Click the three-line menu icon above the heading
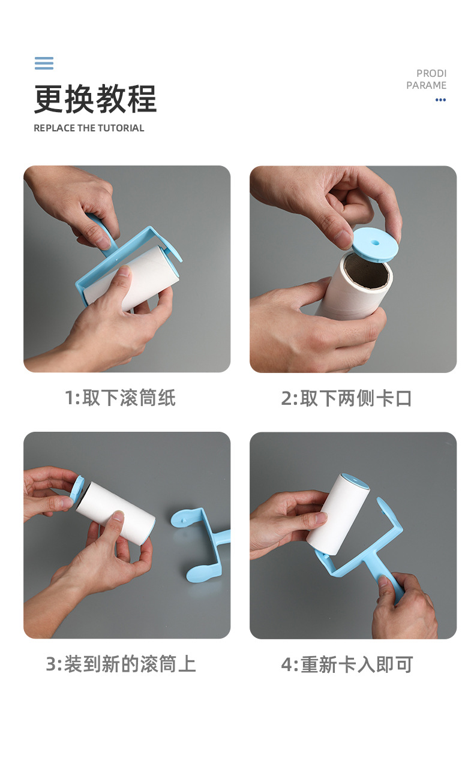(x=44, y=63)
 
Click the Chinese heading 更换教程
(x=95, y=99)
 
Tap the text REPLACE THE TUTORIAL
(x=89, y=128)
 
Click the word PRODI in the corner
(x=431, y=73)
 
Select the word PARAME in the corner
(x=426, y=85)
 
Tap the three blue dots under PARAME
(x=440, y=100)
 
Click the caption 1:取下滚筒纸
(x=120, y=398)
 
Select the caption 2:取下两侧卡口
(x=346, y=398)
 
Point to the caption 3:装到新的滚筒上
(x=121, y=664)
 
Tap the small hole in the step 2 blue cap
(x=375, y=243)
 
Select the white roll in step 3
(x=117, y=513)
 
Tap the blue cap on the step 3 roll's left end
(x=77, y=489)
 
